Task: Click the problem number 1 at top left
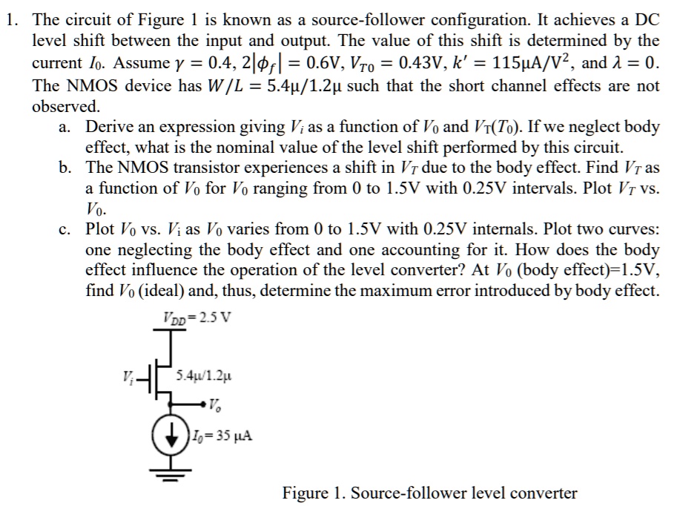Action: coord(9,20)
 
